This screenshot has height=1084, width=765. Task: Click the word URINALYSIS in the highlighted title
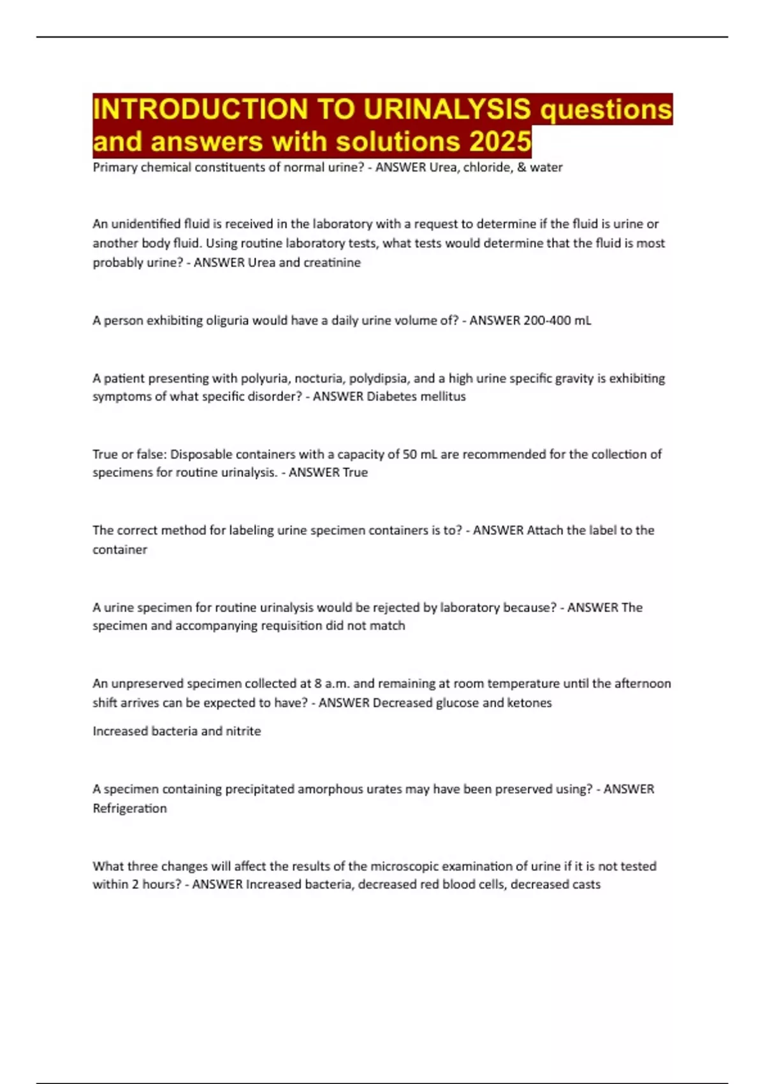pos(447,109)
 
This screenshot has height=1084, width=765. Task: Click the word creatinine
pos(331,263)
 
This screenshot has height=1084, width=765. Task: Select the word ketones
pos(529,703)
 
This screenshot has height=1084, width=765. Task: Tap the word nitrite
pos(244,731)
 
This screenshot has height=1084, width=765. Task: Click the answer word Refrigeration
pos(129,809)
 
